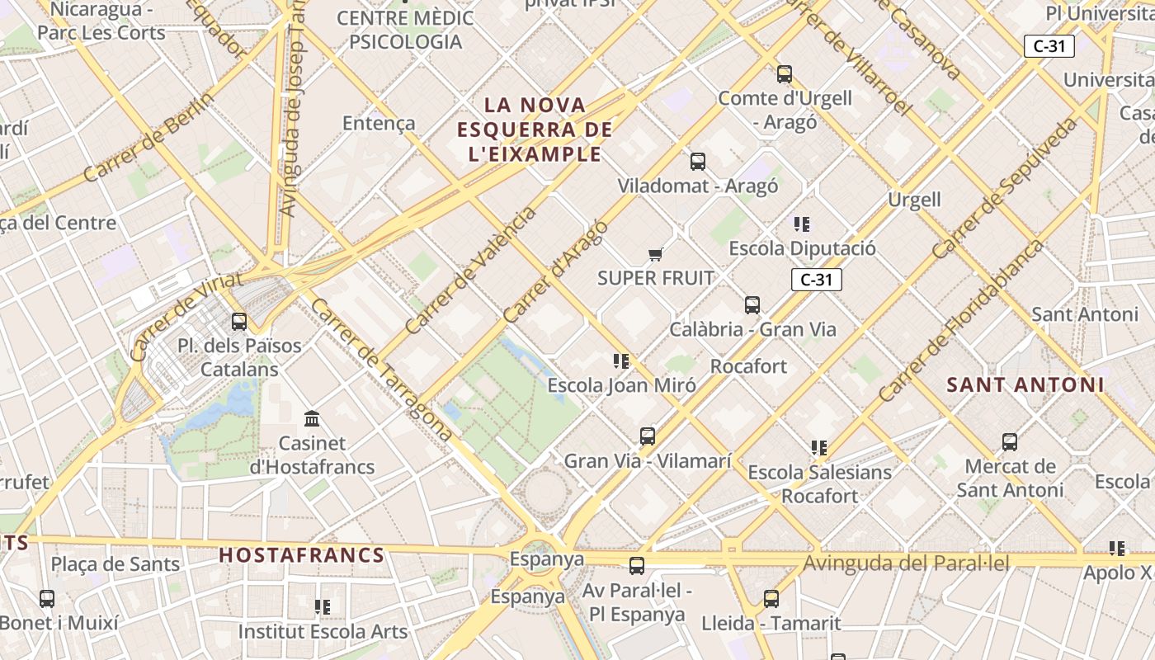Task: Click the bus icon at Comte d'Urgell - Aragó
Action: click(x=784, y=74)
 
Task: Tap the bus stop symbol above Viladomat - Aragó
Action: click(x=698, y=162)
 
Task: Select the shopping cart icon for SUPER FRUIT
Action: click(x=656, y=254)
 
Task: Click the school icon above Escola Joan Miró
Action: click(x=621, y=361)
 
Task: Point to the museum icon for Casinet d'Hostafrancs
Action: click(x=312, y=419)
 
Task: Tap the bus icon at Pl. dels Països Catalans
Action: click(x=239, y=322)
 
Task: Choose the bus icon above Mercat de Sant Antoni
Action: click(x=1010, y=442)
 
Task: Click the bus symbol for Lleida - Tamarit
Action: click(x=771, y=599)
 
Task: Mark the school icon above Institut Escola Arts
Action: click(x=323, y=607)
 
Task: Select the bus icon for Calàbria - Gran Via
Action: click(x=752, y=305)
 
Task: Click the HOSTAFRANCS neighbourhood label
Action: click(x=302, y=555)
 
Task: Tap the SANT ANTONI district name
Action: click(x=1025, y=384)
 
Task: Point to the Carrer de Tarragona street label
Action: click(x=381, y=369)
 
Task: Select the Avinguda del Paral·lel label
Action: click(x=906, y=563)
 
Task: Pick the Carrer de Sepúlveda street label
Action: click(x=1005, y=188)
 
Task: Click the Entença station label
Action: click(x=379, y=123)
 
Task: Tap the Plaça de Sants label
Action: click(x=115, y=564)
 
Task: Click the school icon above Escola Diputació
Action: click(x=802, y=224)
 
